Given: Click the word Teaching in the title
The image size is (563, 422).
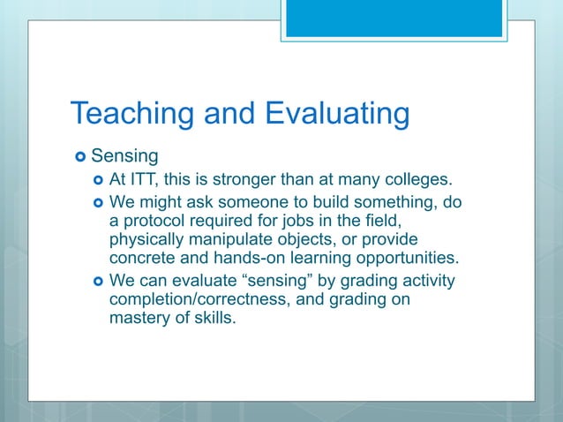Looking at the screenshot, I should click(x=130, y=114).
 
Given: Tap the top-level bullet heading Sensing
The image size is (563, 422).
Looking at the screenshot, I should click(x=124, y=157).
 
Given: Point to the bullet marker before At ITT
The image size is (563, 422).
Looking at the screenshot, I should click(x=98, y=181).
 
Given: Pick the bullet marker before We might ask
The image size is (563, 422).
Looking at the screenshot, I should click(x=98, y=202).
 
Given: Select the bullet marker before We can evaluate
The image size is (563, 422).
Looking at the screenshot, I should click(x=98, y=282).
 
